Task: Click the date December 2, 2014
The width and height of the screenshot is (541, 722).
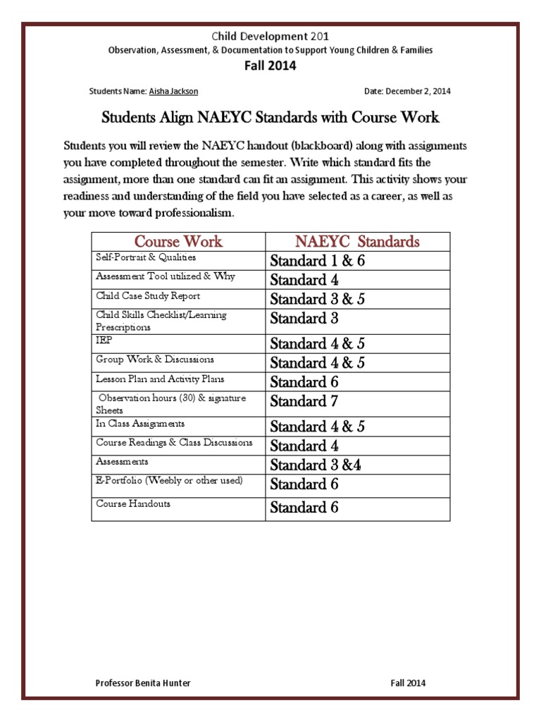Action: [x=407, y=92]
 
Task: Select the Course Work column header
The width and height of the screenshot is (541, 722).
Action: [x=178, y=242]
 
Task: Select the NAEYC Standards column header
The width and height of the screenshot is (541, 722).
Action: [x=357, y=242]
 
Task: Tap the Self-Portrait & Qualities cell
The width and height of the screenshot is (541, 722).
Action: [x=146, y=258]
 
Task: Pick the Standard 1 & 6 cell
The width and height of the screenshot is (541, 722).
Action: [x=317, y=261]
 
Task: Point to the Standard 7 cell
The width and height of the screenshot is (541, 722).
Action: [x=304, y=402]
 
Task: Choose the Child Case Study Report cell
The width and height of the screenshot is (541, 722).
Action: [x=148, y=296]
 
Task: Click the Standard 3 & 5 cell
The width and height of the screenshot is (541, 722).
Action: [x=317, y=299]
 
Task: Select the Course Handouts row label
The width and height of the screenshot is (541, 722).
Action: [x=133, y=504]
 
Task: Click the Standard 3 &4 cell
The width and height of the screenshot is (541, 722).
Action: [x=316, y=465]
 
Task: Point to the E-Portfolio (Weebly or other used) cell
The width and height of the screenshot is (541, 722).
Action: [x=169, y=481]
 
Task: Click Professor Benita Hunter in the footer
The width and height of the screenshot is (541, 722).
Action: [x=143, y=683]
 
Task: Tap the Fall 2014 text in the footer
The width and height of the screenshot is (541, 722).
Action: [x=408, y=683]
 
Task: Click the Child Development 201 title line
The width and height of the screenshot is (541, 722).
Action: [x=270, y=37]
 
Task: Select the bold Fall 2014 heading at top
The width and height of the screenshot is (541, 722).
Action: [x=270, y=66]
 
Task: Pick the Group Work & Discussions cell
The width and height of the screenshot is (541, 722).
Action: [x=155, y=360]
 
